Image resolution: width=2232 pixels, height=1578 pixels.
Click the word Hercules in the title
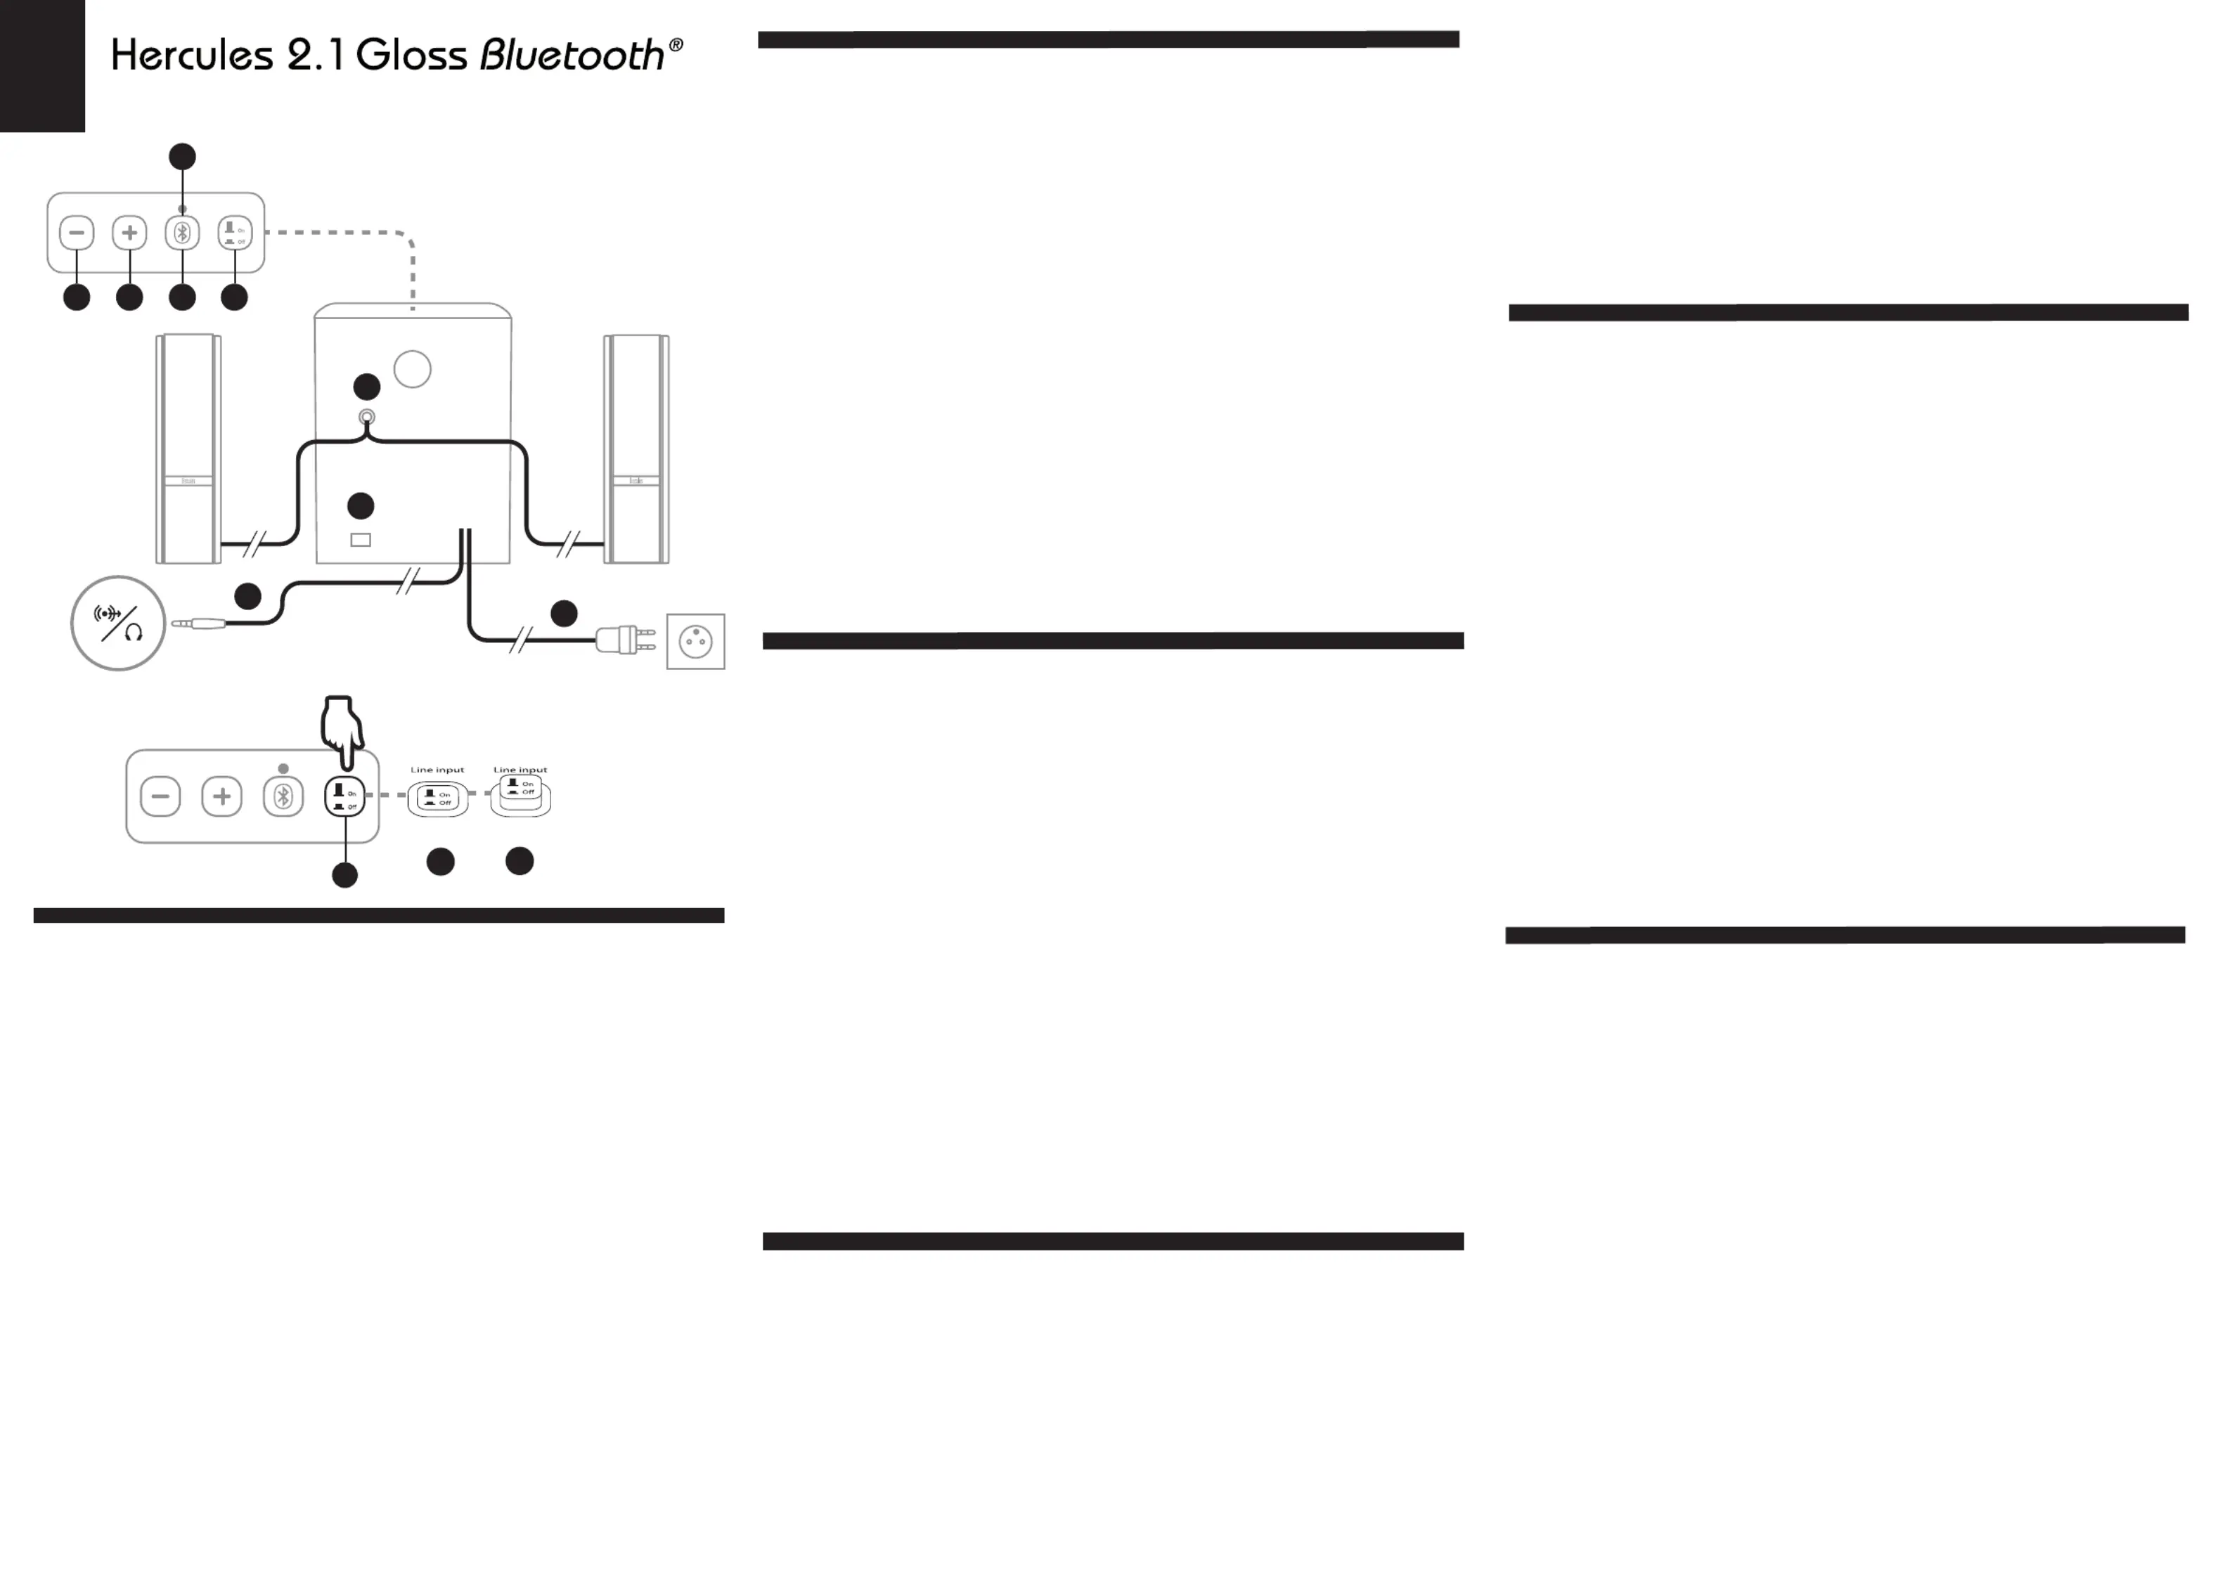pos(191,56)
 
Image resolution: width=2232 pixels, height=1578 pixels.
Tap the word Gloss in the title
pos(411,56)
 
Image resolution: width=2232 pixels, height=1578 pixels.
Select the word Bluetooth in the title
pos(572,56)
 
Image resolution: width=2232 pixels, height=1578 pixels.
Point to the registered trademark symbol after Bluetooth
pos(676,45)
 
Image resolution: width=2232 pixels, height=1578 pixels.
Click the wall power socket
pos(695,642)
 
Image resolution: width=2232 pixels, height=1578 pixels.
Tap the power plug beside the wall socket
pos(622,640)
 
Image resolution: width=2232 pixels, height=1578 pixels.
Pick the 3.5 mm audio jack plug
pos(199,623)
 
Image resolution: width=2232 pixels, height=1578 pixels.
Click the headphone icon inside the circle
pos(133,633)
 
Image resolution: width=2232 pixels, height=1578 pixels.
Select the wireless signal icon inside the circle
pos(107,614)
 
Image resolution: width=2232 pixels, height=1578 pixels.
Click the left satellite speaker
pos(188,448)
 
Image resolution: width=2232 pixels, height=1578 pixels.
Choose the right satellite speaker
pos(637,448)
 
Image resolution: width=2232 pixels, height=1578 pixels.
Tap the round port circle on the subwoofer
pos(412,370)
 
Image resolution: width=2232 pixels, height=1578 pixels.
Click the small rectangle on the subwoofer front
pos(361,540)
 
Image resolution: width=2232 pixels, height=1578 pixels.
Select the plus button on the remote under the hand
pos(221,797)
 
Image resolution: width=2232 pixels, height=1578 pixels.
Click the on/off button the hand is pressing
pos(344,797)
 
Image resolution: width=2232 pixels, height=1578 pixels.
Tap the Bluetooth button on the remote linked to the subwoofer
pos(182,233)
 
